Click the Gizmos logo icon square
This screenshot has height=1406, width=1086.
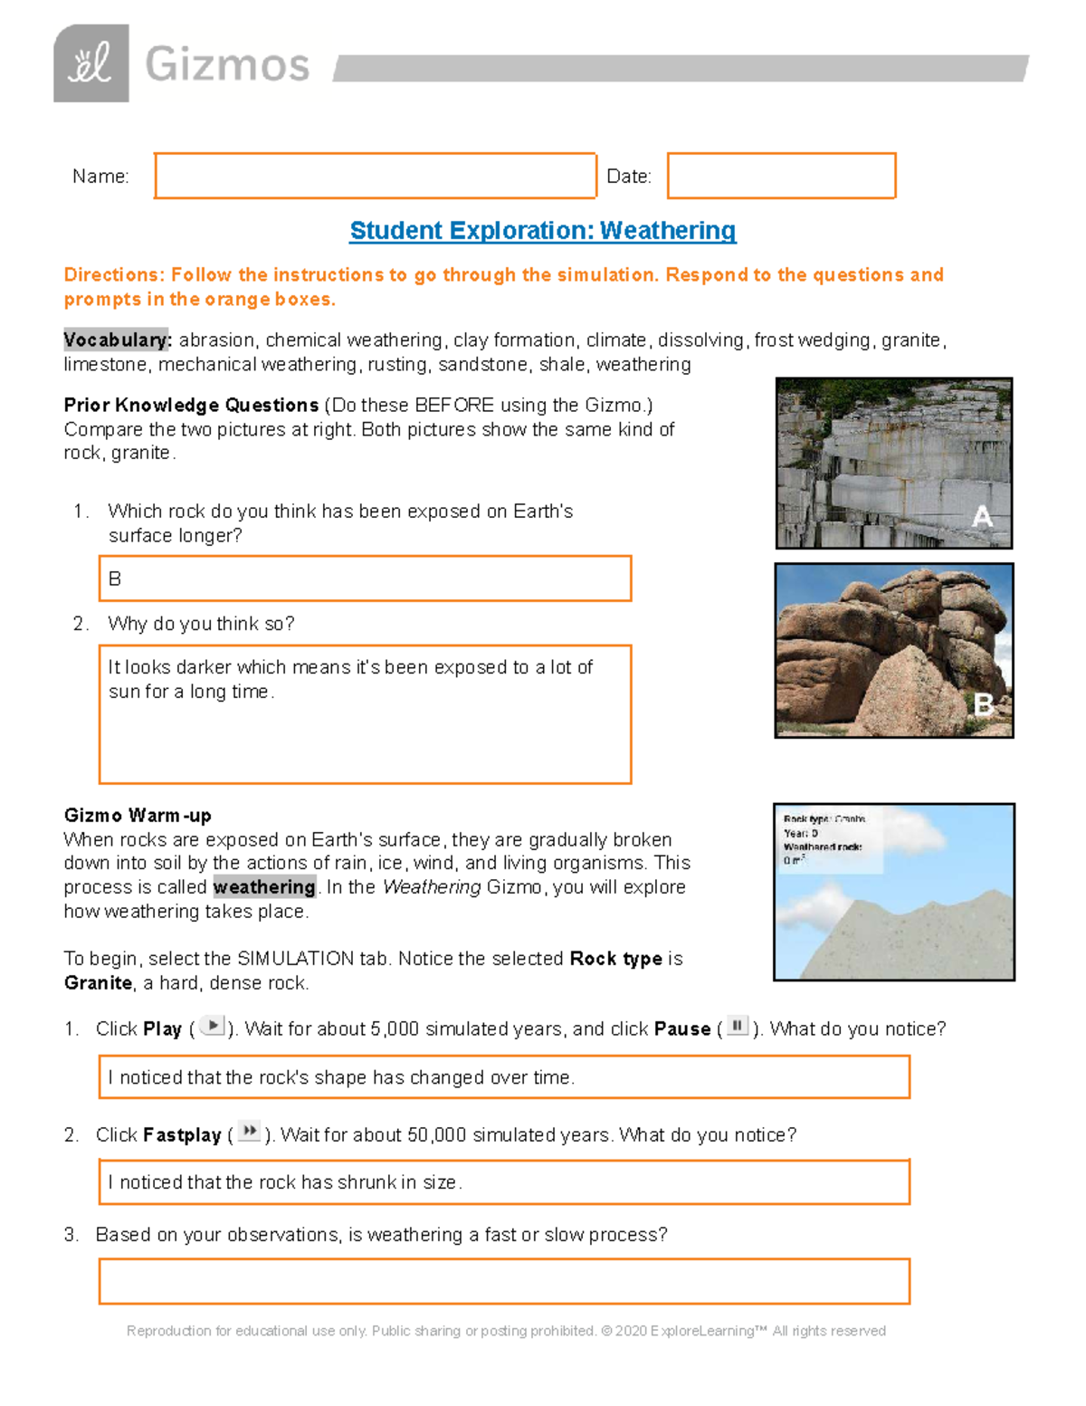tap(90, 63)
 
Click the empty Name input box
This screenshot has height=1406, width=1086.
tap(375, 176)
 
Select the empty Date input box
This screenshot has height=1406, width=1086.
tap(781, 176)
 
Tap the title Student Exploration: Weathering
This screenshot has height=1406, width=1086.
tap(543, 231)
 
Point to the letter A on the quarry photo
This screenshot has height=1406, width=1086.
tap(982, 517)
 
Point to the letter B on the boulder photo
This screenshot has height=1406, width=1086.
tap(984, 704)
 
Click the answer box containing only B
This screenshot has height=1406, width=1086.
tap(365, 579)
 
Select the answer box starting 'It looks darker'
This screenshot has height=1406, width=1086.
tap(365, 714)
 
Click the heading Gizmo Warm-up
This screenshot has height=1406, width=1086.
tap(138, 815)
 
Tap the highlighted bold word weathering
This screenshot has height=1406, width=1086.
tap(264, 887)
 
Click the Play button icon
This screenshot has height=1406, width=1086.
tap(213, 1026)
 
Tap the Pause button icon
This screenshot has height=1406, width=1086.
tap(738, 1026)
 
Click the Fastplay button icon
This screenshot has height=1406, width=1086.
tap(249, 1132)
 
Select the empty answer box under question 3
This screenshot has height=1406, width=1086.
tap(504, 1281)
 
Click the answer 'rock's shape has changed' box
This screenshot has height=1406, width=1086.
tap(504, 1077)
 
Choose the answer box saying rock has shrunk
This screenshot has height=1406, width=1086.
tap(504, 1182)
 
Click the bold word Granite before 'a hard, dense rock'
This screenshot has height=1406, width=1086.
tap(98, 983)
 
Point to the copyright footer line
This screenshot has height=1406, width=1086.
tap(506, 1331)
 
